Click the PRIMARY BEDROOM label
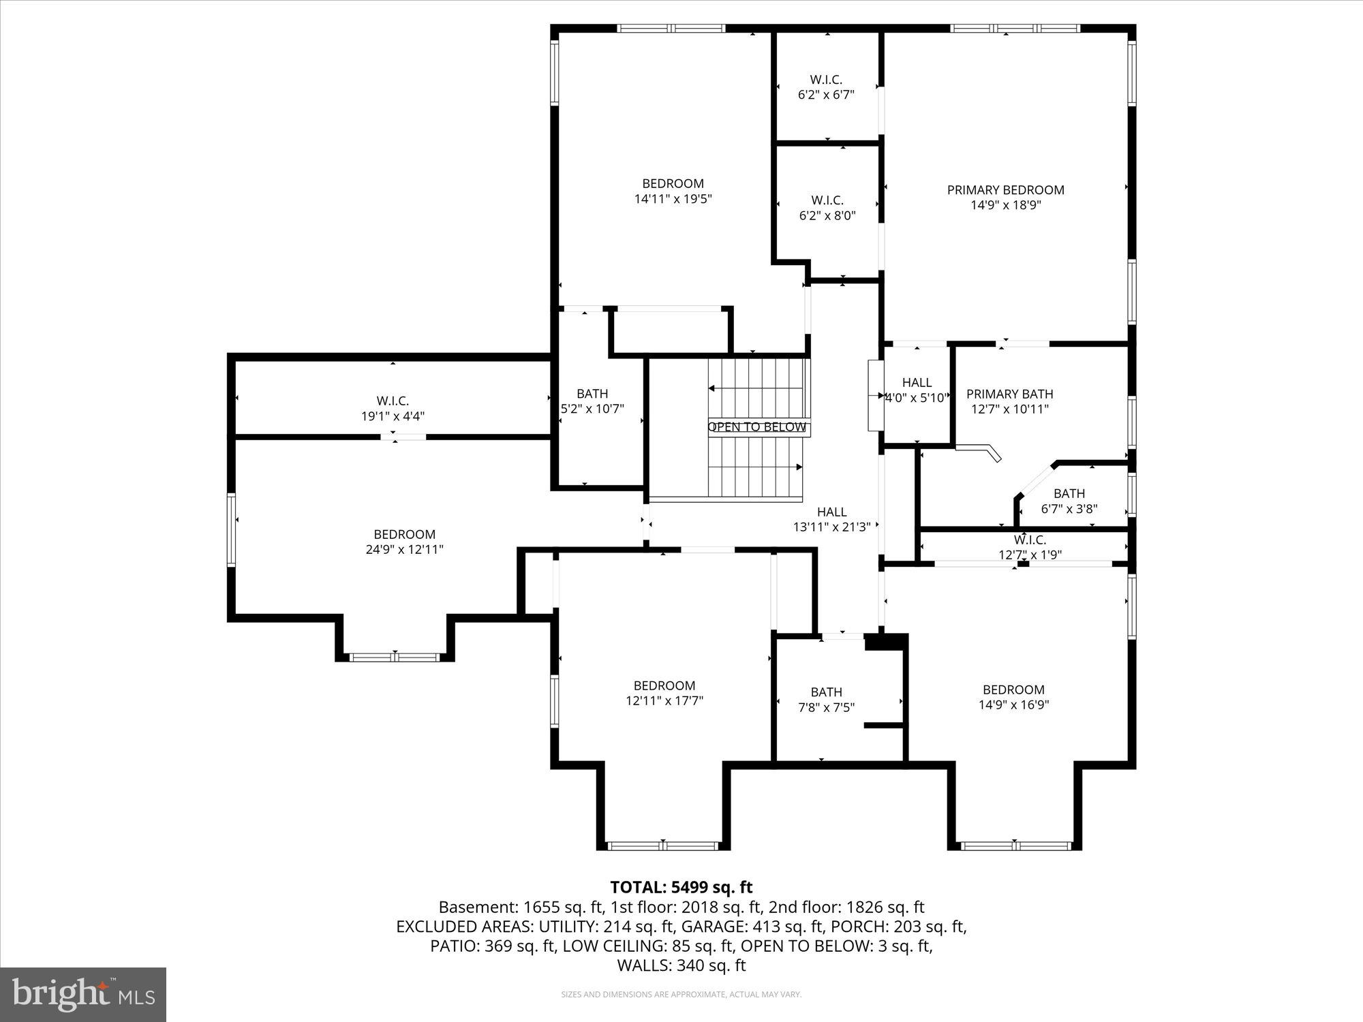(1005, 190)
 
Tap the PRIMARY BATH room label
(1009, 394)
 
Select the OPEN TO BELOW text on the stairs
(757, 427)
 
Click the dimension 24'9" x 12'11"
(404, 549)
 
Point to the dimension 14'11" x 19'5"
(673, 199)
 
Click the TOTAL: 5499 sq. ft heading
(681, 887)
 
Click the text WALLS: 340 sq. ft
(681, 965)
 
